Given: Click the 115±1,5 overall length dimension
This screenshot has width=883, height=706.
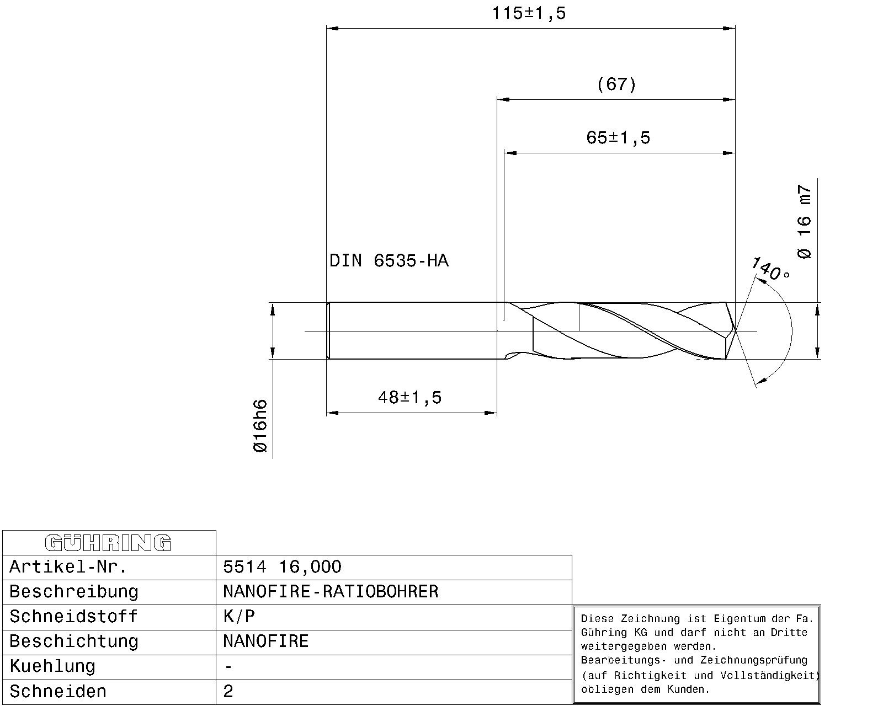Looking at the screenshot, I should click(x=529, y=13).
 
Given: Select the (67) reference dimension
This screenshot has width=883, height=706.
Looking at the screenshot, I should click(x=616, y=84).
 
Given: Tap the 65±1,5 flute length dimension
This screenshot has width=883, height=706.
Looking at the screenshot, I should click(x=618, y=137).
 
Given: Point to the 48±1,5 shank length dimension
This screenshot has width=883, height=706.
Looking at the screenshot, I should click(x=410, y=397).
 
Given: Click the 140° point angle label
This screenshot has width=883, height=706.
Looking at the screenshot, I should click(x=770, y=269).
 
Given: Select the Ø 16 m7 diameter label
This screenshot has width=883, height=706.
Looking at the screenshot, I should click(x=805, y=222).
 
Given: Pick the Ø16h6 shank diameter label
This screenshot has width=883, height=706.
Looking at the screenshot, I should click(x=260, y=426).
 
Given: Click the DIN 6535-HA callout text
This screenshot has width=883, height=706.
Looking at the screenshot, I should click(x=389, y=260).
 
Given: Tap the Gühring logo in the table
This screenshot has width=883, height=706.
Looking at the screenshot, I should click(x=108, y=543).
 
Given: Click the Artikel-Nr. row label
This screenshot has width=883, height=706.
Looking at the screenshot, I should click(x=68, y=567).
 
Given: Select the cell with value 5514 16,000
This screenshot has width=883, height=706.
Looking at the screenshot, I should click(x=282, y=567).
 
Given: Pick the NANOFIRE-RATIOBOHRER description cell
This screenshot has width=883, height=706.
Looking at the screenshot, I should click(x=331, y=592).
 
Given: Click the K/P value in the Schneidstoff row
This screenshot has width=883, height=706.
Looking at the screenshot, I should click(x=239, y=617).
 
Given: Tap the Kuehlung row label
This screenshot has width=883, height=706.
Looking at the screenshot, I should click(x=52, y=666).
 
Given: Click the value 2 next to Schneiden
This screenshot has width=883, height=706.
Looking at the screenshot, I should click(x=228, y=692).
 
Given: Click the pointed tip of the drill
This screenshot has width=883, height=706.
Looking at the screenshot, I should click(x=735, y=330).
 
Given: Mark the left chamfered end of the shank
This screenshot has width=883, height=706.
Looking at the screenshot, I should click(x=328, y=331).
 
